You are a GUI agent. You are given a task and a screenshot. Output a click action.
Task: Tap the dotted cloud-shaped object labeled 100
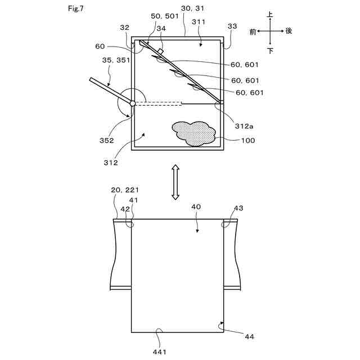tap(195, 133)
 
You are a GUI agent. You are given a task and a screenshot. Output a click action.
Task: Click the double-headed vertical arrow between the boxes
tap(175, 182)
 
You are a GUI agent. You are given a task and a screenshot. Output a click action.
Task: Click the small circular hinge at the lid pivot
tap(133, 103)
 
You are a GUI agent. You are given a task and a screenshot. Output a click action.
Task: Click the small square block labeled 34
tap(161, 51)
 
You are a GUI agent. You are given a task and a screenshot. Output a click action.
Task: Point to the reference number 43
tap(238, 209)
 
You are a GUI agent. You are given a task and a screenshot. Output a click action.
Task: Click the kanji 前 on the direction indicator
tap(253, 31)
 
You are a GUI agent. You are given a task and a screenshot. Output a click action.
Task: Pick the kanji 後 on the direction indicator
tap(289, 31)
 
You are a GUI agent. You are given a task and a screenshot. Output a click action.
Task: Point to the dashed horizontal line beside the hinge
tap(160, 103)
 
